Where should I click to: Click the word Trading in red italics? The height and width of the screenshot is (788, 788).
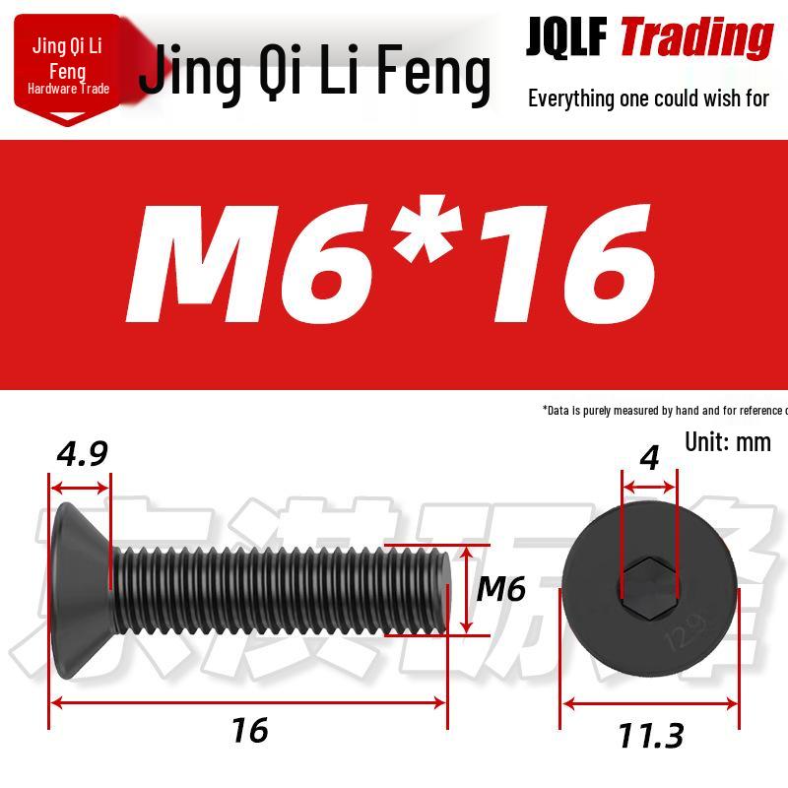(695, 37)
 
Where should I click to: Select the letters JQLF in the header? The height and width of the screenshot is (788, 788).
(566, 37)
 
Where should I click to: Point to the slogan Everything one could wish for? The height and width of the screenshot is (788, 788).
(648, 98)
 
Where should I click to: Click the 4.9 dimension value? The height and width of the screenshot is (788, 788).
(81, 454)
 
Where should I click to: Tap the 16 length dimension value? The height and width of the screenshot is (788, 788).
(249, 730)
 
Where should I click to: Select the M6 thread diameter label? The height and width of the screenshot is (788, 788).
(500, 589)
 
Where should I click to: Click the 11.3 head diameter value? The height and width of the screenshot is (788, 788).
(650, 735)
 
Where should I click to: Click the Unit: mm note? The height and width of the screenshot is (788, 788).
(727, 440)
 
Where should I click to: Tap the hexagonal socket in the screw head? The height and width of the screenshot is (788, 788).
(649, 589)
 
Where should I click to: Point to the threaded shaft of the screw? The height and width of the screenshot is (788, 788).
(276, 589)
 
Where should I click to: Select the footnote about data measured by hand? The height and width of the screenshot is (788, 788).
(665, 410)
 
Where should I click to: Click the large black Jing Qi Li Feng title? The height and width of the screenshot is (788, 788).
(313, 73)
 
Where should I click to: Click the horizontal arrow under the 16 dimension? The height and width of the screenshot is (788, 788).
(249, 702)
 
